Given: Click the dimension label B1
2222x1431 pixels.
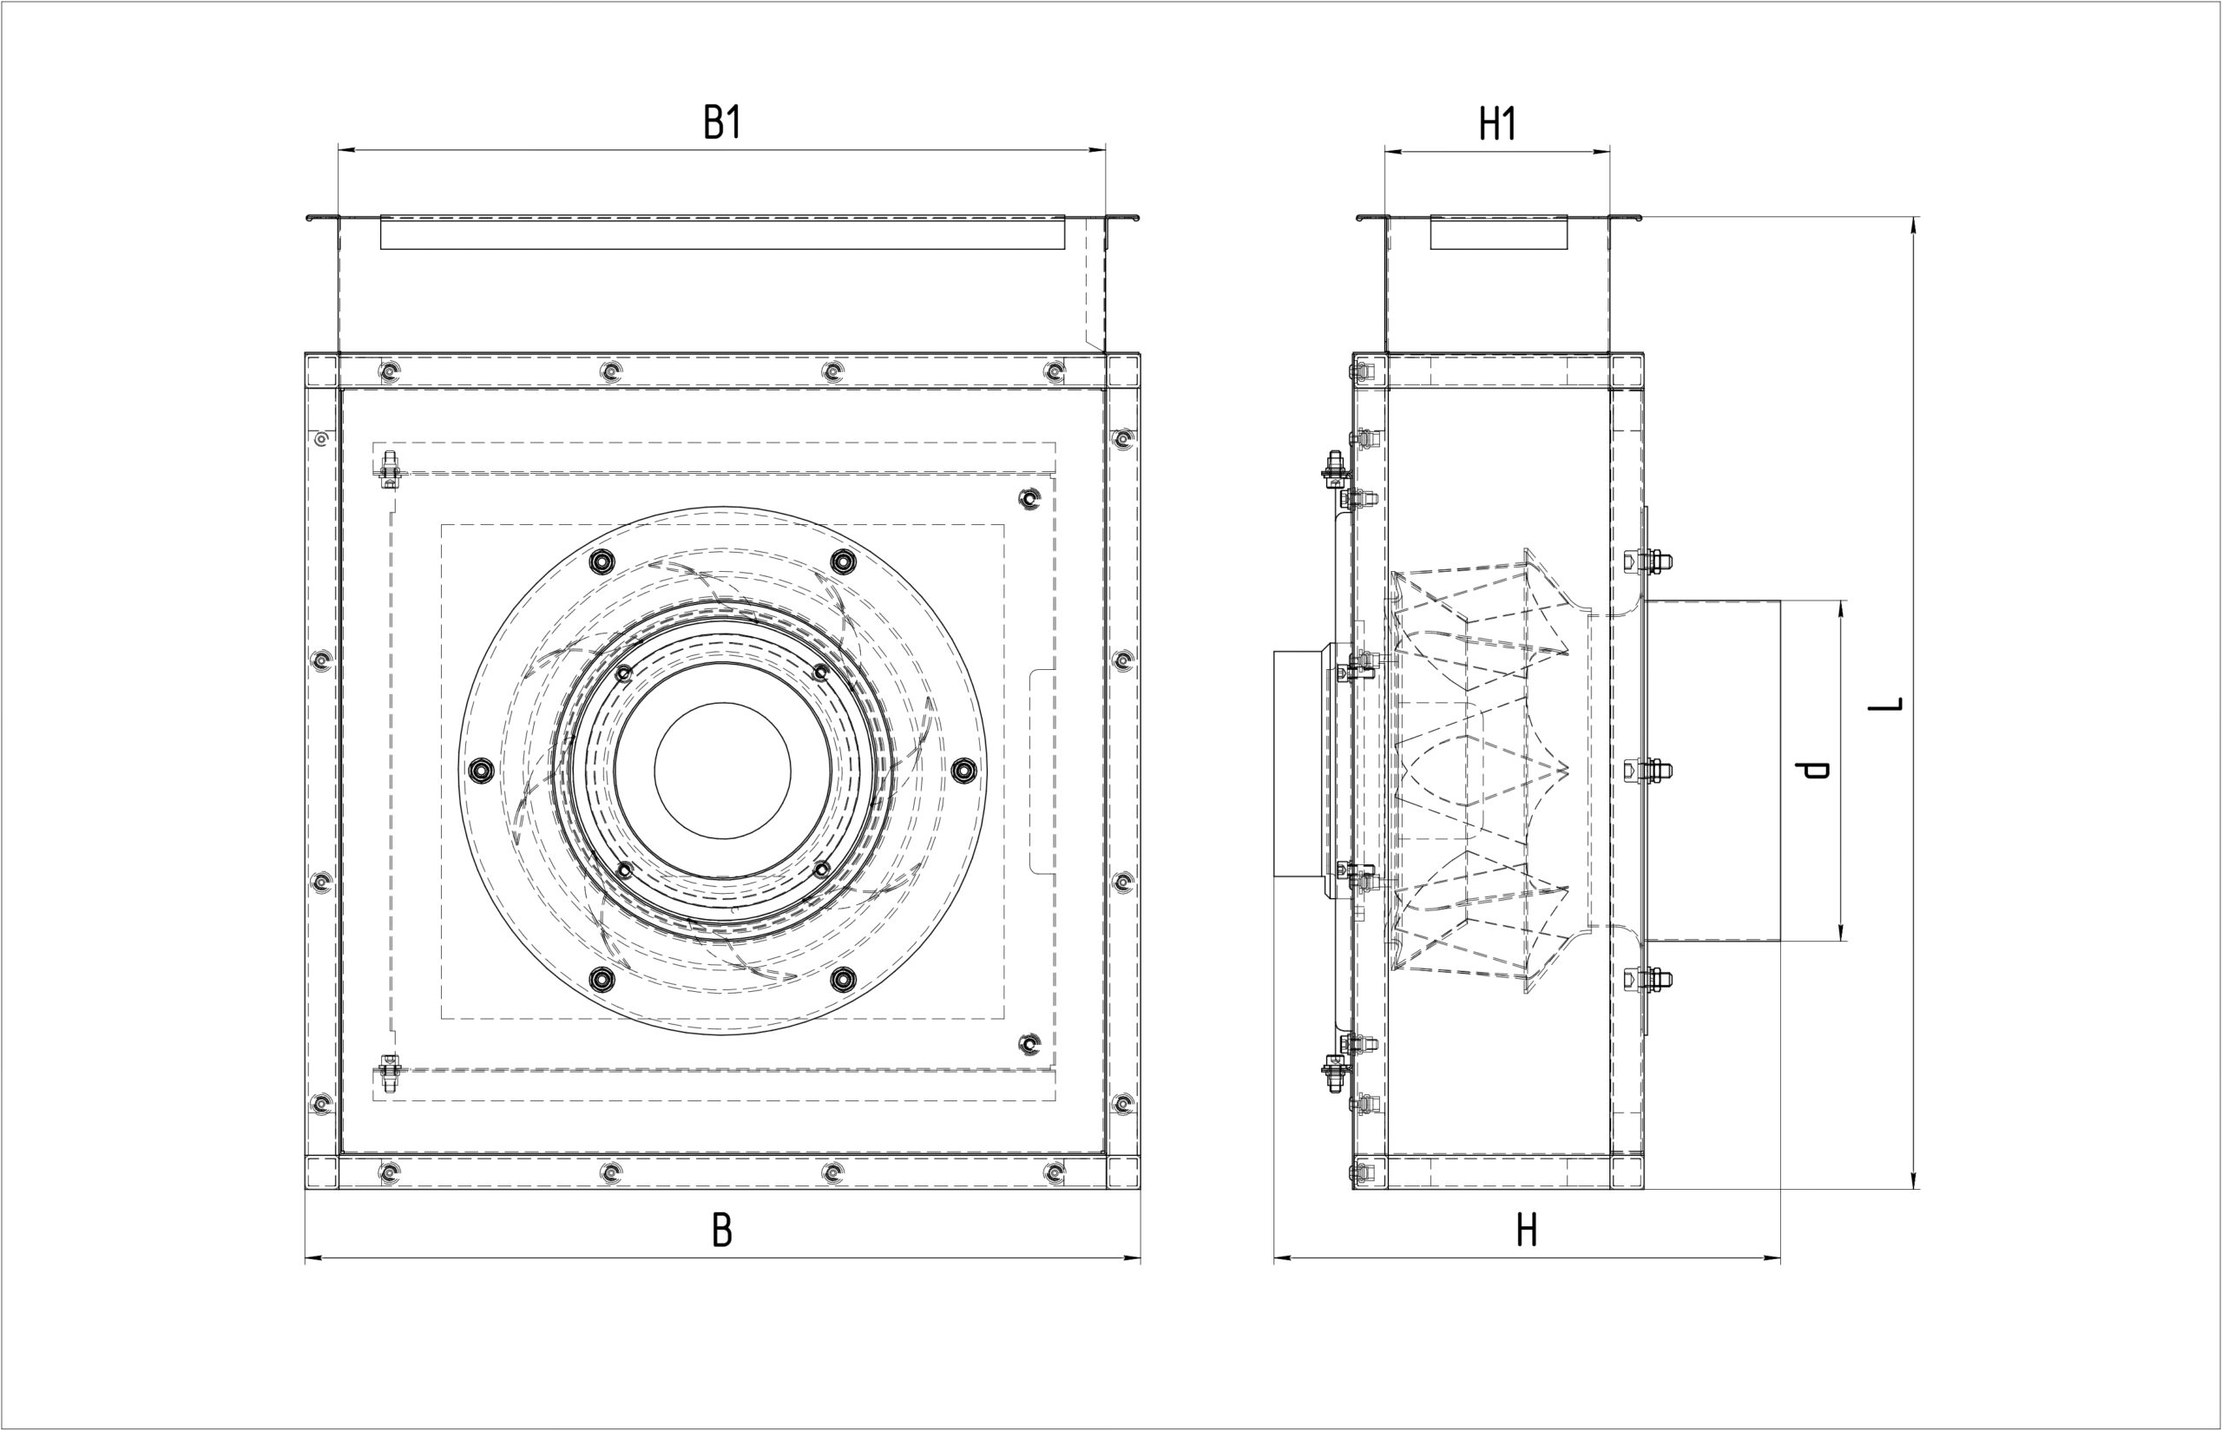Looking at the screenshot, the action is (722, 122).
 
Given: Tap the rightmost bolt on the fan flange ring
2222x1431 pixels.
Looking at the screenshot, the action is (963, 770).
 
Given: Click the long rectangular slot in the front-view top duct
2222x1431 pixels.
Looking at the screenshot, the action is (722, 233).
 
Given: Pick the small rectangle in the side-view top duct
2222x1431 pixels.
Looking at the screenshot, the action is (1498, 233).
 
